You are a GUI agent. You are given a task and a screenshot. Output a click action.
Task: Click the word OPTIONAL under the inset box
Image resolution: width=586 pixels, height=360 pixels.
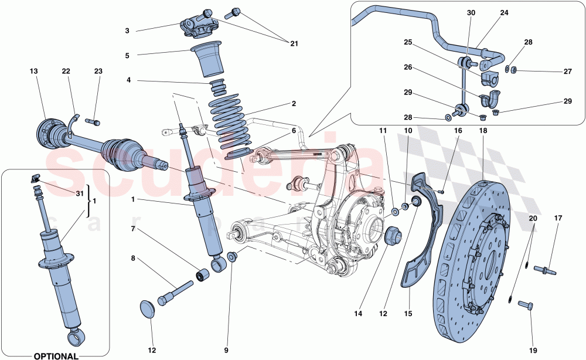(56, 355)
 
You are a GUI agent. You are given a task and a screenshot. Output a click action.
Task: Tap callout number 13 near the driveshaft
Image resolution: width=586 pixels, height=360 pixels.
(34, 72)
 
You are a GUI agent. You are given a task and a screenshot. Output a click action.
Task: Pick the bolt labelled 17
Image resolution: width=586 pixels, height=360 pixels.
(544, 270)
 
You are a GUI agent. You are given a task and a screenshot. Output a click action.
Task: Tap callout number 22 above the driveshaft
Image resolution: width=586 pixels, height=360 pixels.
(66, 72)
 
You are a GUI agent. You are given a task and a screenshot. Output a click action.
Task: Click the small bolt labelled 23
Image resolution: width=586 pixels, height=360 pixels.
(94, 122)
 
